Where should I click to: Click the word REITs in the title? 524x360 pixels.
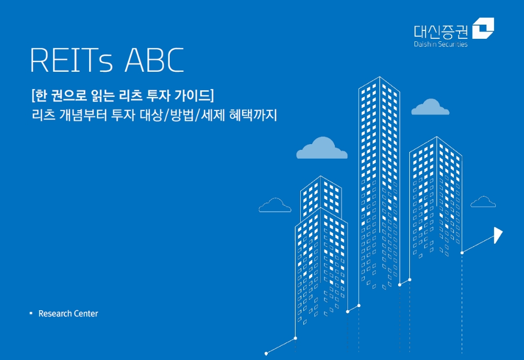pyautogui.click(x=71, y=61)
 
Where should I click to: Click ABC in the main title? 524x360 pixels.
pyautogui.click(x=154, y=61)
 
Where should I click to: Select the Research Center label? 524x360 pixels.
pyautogui.click(x=68, y=313)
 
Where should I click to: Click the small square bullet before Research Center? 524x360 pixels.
pyautogui.click(x=31, y=313)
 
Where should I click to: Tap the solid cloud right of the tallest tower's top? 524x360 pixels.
pyautogui.click(x=430, y=107)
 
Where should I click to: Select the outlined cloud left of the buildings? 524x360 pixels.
pyautogui.click(x=275, y=205)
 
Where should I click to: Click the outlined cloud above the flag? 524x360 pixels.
pyautogui.click(x=483, y=202)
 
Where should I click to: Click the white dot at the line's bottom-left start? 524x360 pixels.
pyautogui.click(x=266, y=353)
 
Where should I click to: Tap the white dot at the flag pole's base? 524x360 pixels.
pyautogui.click(x=462, y=253)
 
